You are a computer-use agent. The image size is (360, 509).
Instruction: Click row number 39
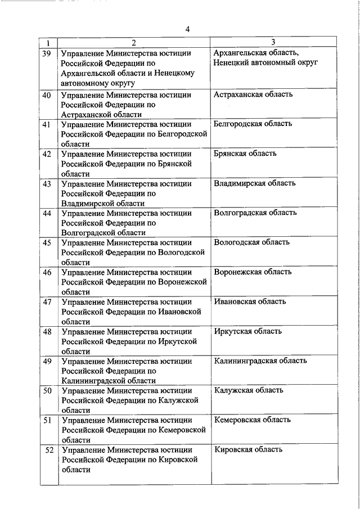click(47, 53)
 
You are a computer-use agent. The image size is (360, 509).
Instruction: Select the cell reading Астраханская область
click(253, 94)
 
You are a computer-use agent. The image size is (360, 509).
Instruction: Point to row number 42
click(47, 154)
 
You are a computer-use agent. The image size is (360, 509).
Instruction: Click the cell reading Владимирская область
click(255, 183)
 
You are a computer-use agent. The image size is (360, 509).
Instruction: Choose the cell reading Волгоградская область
click(255, 213)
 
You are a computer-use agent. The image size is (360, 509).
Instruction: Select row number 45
click(47, 242)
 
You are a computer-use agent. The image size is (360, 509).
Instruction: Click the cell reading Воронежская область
click(253, 272)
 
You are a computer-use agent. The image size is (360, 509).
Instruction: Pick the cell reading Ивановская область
click(250, 301)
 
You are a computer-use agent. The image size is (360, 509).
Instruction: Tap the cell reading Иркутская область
click(247, 331)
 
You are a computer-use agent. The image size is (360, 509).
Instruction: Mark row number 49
click(47, 361)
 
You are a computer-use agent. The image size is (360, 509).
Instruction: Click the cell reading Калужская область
click(248, 390)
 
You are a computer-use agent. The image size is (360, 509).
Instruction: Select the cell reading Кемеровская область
click(252, 420)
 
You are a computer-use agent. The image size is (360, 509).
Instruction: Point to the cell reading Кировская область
click(248, 449)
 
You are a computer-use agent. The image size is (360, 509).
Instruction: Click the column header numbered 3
click(273, 42)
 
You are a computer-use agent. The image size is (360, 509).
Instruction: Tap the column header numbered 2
click(133, 42)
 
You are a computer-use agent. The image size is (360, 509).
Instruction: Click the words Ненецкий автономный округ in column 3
click(265, 62)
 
